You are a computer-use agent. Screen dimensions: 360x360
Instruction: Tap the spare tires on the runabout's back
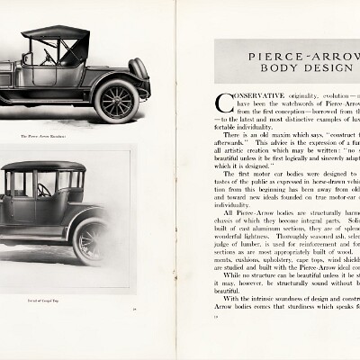click(139, 68)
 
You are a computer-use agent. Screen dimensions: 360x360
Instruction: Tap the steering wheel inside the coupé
click(41, 190)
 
